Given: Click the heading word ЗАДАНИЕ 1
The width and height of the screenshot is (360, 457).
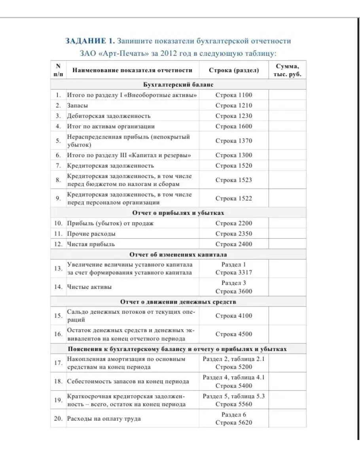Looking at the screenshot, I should [x=90, y=41].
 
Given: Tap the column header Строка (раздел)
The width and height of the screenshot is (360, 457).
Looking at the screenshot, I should [x=234, y=70].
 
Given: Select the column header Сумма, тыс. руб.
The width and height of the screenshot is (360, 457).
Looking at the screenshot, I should [x=287, y=70].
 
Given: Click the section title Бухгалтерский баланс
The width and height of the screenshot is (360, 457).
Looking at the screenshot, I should [x=178, y=85].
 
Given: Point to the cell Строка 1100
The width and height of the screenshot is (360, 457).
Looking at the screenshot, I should [x=234, y=95].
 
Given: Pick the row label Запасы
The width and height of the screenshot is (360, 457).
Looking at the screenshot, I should [x=78, y=106].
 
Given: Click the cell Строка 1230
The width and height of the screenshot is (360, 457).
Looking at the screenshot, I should [x=234, y=116].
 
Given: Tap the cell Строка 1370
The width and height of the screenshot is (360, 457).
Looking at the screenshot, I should [x=234, y=141].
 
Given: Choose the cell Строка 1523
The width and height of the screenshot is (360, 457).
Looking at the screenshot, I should [x=234, y=180].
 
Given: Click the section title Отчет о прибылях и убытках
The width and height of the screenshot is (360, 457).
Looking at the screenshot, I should [x=178, y=213].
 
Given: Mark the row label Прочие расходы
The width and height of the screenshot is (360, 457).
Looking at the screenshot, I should [x=91, y=234].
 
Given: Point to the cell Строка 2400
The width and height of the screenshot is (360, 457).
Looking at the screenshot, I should [x=234, y=244].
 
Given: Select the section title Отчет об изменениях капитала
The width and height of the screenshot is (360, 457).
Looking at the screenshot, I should [x=178, y=254].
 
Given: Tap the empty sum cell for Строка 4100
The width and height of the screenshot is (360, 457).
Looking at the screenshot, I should [x=287, y=316].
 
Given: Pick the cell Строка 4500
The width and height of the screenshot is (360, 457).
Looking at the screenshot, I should [x=234, y=334].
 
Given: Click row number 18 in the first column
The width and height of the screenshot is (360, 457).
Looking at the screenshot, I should [x=58, y=381].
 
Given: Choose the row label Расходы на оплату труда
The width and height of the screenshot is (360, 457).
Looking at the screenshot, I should [x=104, y=419].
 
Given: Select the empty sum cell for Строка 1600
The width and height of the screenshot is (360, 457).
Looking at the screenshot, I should [x=287, y=127].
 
